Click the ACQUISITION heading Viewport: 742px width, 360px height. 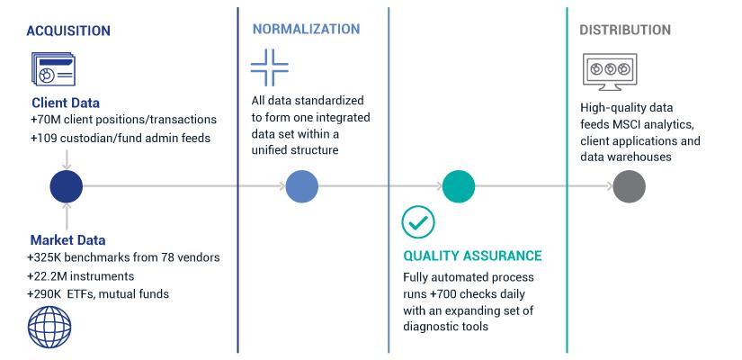pyautogui.click(x=68, y=31)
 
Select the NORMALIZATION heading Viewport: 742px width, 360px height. pyautogui.click(x=306, y=29)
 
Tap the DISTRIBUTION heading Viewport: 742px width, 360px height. pyautogui.click(x=625, y=30)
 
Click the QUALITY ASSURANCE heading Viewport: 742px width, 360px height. pyautogui.click(x=472, y=256)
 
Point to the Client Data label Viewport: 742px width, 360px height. pyautogui.click(x=66, y=103)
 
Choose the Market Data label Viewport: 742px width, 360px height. pyautogui.click(x=67, y=240)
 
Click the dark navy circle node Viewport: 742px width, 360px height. pyautogui.click(x=67, y=186)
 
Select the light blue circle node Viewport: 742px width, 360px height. pyautogui.click(x=302, y=186)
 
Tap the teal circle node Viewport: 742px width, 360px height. pyautogui.click(x=459, y=186)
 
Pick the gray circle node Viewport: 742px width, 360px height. pyautogui.click(x=629, y=186)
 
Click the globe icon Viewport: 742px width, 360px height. pyautogui.click(x=49, y=328)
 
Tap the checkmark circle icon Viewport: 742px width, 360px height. pyautogui.click(x=418, y=221)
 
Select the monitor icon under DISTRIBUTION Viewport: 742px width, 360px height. pyautogui.click(x=610, y=72)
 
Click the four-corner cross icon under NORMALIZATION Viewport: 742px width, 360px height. pyautogui.click(x=269, y=67)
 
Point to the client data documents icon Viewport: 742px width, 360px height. pyautogui.click(x=53, y=69)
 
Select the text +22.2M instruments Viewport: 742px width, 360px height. pyautogui.click(x=80, y=276)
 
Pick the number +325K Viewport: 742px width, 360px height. pyautogui.click(x=46, y=257)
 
